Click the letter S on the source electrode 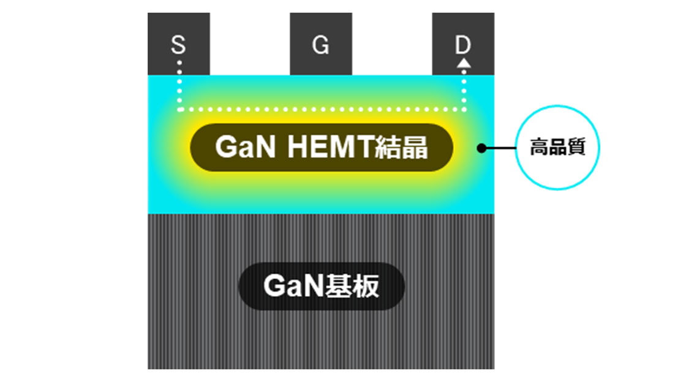tap(178, 45)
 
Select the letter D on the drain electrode tap(463, 45)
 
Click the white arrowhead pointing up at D tap(464, 62)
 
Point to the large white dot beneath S tap(178, 62)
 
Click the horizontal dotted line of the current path tap(321, 110)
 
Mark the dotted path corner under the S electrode tap(179, 110)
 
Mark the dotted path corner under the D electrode tap(464, 110)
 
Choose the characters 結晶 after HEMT tap(402, 148)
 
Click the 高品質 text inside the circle tap(557, 148)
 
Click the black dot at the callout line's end tap(482, 148)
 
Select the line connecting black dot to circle tap(501, 148)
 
